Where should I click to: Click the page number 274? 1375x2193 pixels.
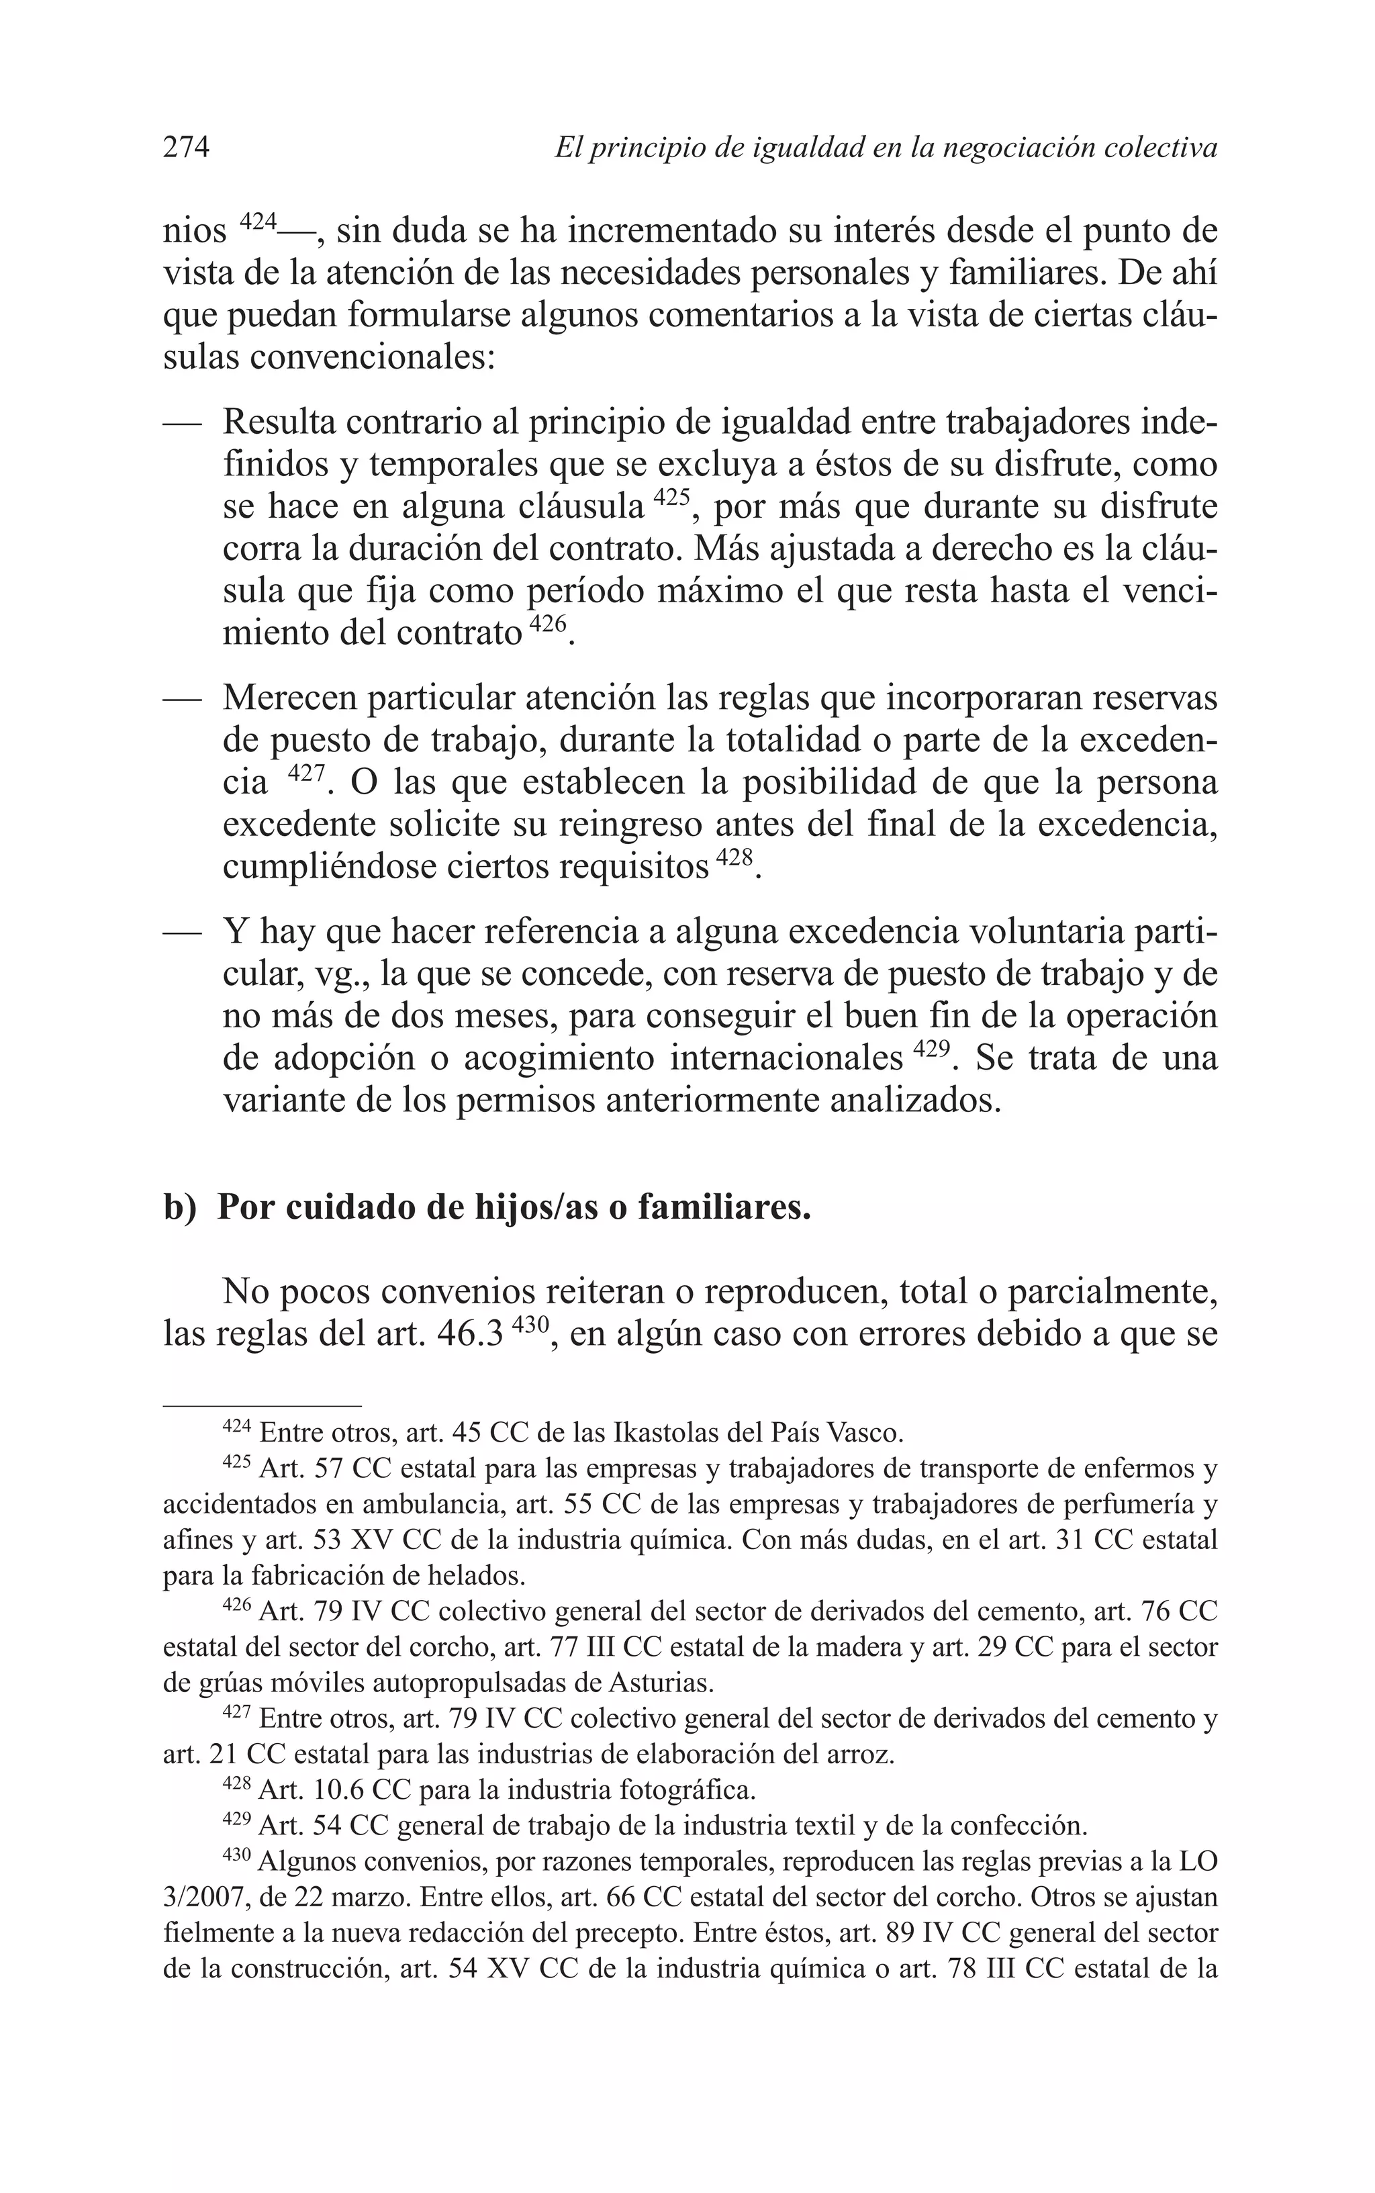pyautogui.click(x=187, y=147)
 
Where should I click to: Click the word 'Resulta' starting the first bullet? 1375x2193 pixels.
pyautogui.click(x=279, y=424)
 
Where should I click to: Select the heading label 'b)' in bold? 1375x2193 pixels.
pyautogui.click(x=180, y=1209)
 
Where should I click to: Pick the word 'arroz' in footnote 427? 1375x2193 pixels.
pyautogui.click(x=863, y=1753)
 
